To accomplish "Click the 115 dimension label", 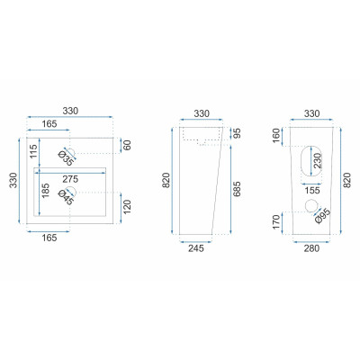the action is (x=33, y=151).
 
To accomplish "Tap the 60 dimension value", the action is (x=128, y=145).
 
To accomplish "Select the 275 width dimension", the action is (x=70, y=179).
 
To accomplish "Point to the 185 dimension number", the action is (x=46, y=191).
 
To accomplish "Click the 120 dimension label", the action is (x=128, y=206).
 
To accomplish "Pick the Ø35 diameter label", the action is (x=66, y=157).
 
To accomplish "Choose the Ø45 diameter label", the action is (x=66, y=197).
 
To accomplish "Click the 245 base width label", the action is (x=195, y=248).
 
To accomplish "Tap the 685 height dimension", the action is (x=237, y=189).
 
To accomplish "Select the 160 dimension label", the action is (x=276, y=136).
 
